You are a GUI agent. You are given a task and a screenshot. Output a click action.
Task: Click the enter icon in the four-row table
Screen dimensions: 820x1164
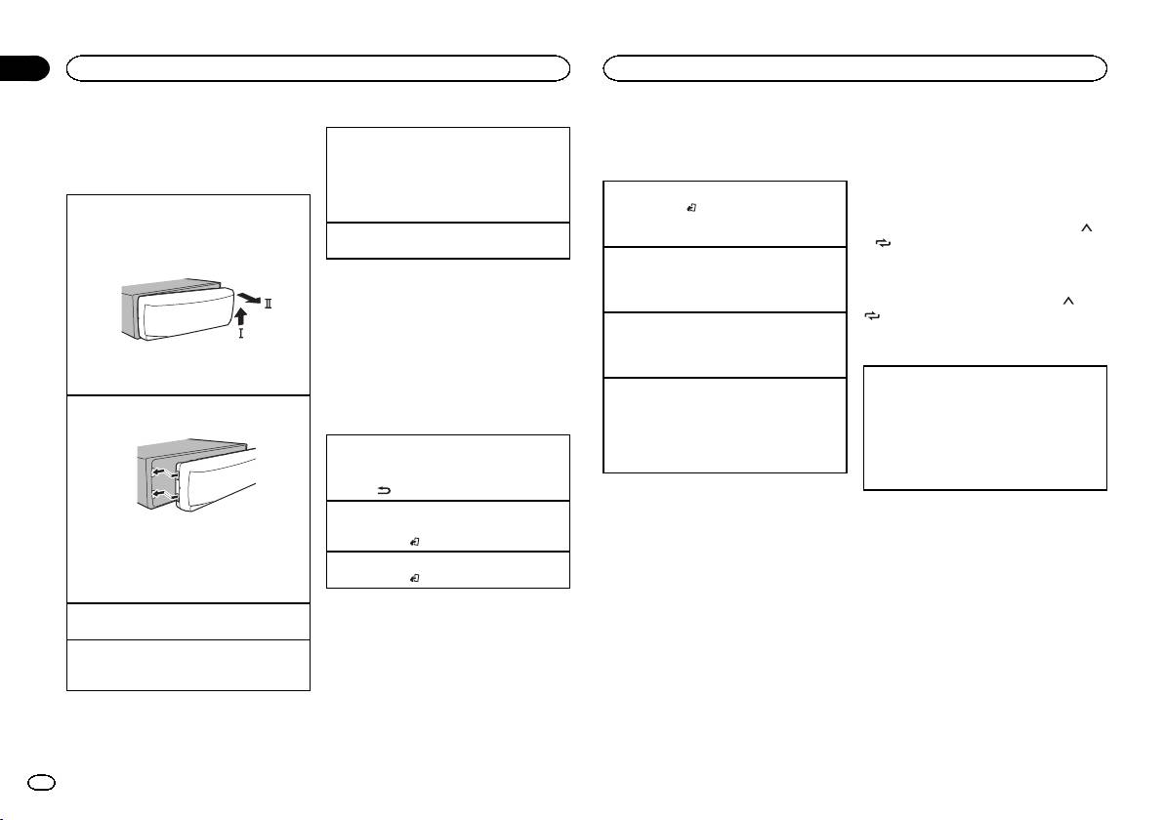pos(692,207)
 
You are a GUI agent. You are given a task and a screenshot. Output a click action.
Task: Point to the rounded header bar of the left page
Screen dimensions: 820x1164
pos(317,67)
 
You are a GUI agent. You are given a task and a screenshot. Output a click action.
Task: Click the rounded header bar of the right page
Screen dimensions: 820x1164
pos(855,67)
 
